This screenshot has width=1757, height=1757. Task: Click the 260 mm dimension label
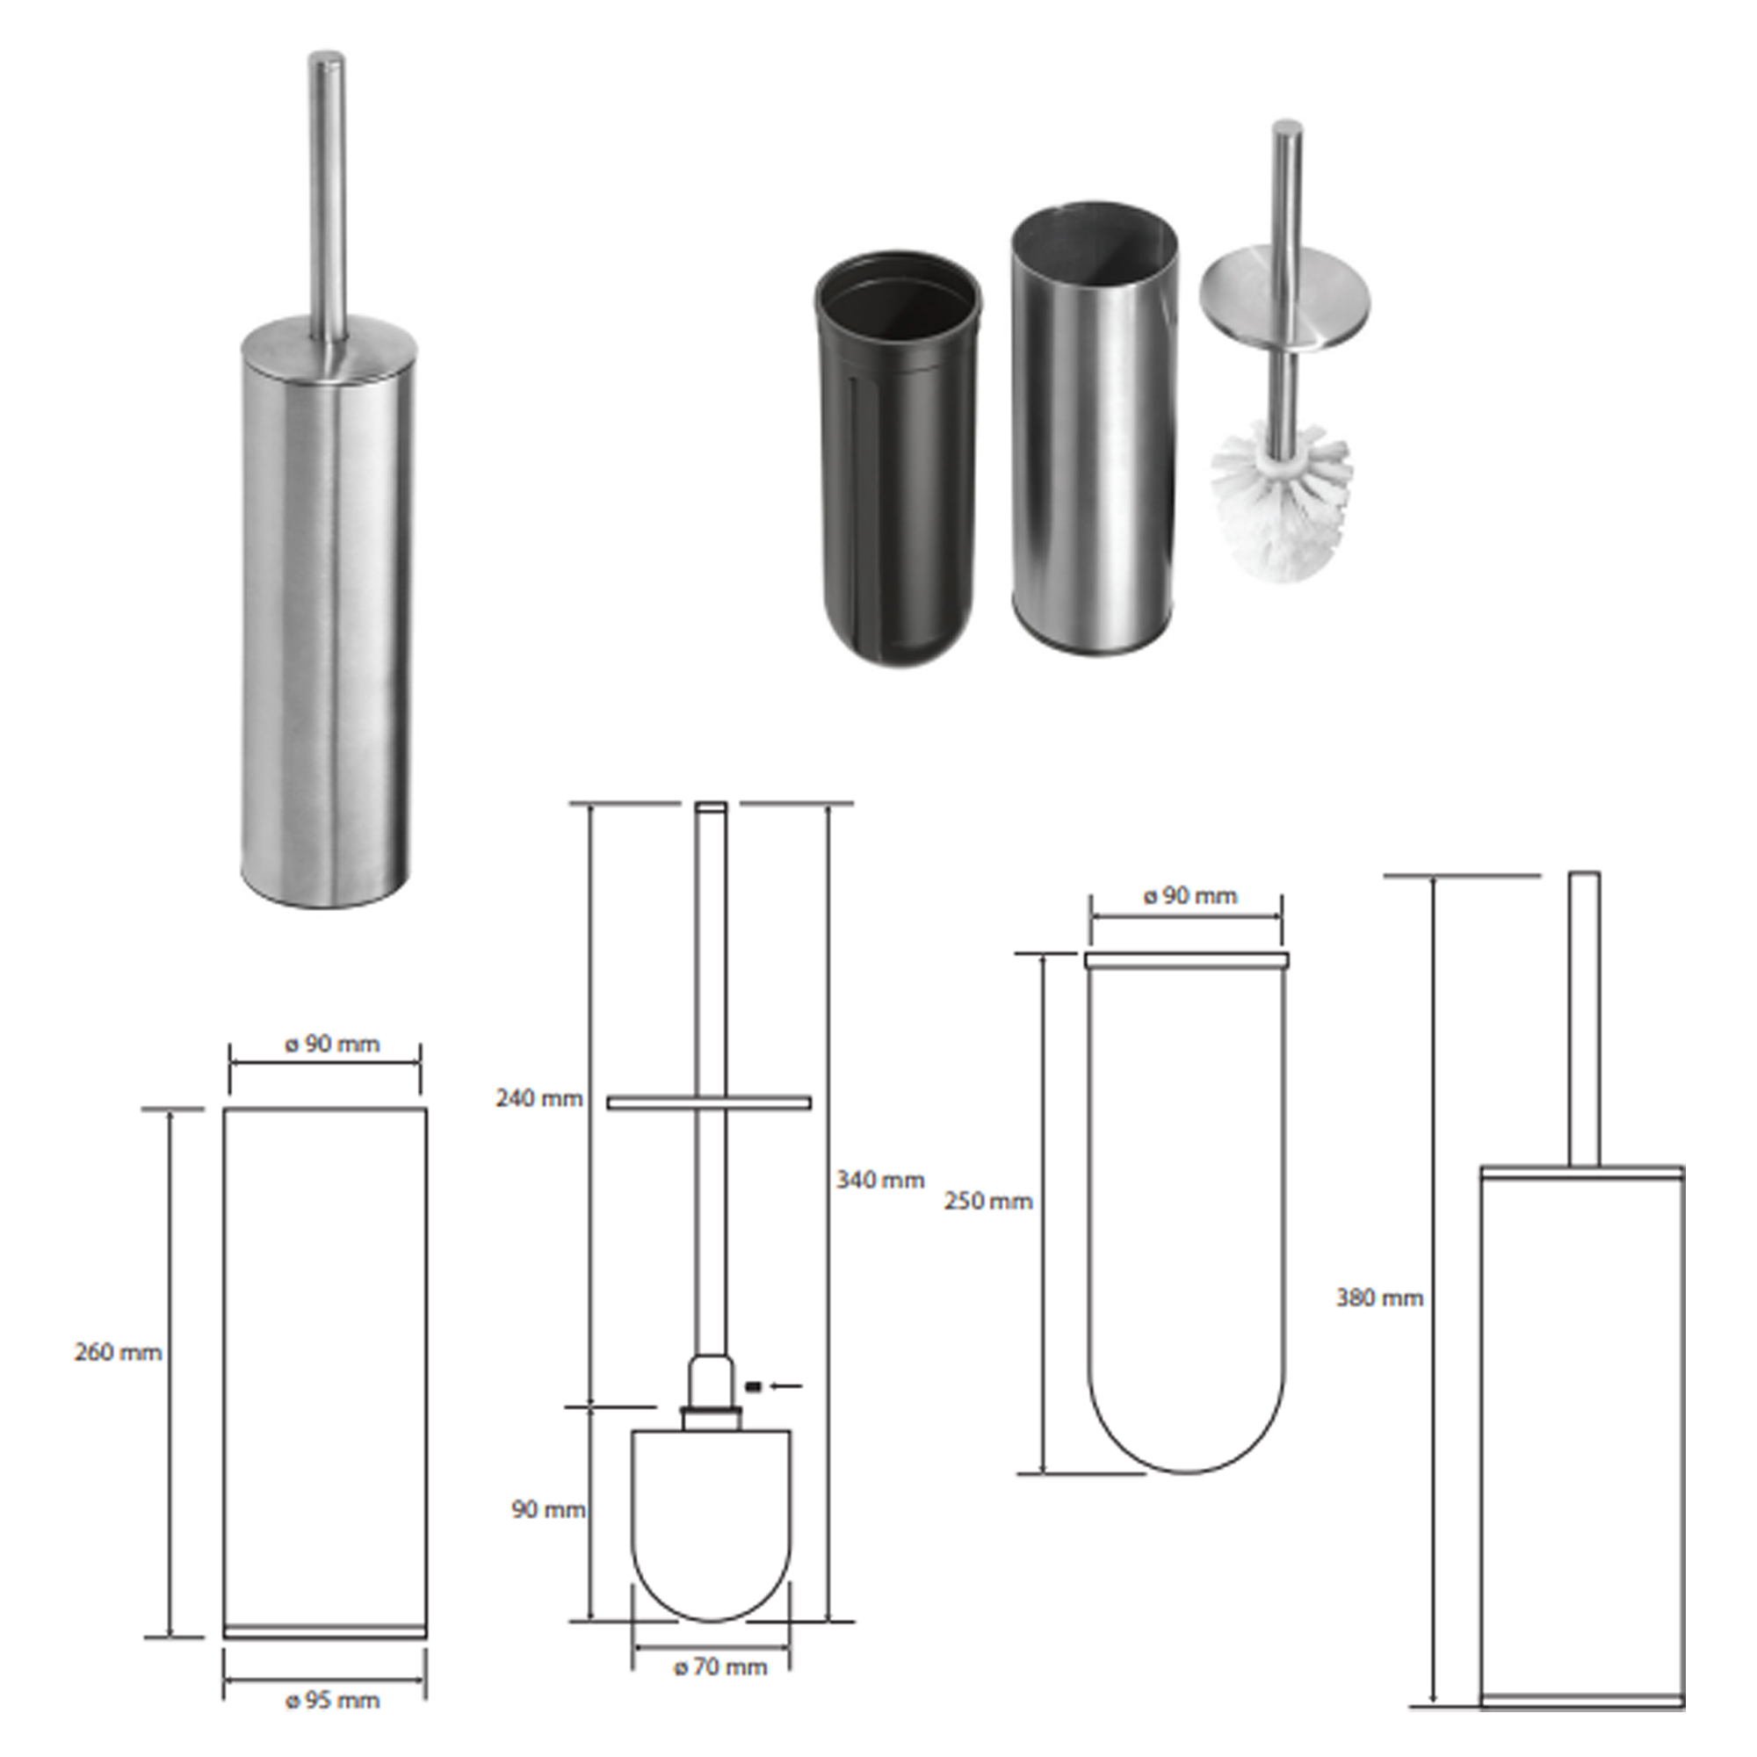(x=119, y=1352)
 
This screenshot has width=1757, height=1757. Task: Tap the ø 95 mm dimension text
(x=333, y=1701)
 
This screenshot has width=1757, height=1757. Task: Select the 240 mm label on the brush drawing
(x=539, y=1099)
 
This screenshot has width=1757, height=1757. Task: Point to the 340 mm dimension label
(x=880, y=1180)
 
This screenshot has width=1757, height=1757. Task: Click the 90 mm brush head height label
(x=548, y=1509)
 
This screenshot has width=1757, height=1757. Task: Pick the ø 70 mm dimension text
(x=720, y=1667)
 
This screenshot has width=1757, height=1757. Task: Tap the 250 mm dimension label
(x=988, y=1201)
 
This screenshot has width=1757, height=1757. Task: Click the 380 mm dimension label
(x=1379, y=1298)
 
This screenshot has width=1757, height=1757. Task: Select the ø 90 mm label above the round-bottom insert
(x=1190, y=896)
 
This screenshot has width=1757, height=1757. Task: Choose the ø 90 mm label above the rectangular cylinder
(x=333, y=1044)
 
